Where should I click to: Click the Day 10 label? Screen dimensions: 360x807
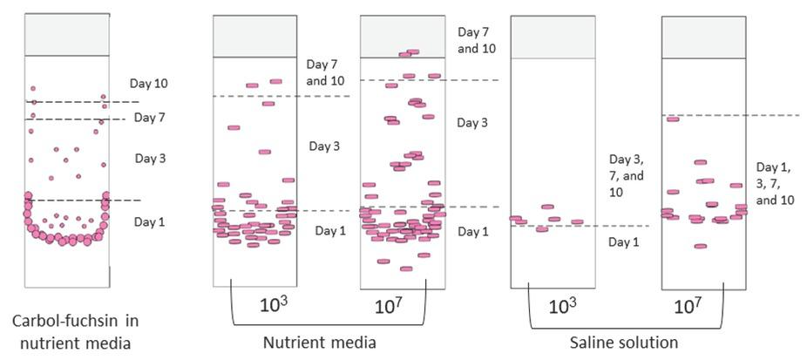pyautogui.click(x=148, y=85)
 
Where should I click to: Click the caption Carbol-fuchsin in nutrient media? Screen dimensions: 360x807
pyautogui.click(x=71, y=332)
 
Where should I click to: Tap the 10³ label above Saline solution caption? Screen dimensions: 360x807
pyautogui.click(x=563, y=306)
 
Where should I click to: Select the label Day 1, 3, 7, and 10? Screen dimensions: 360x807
pyautogui.click(x=775, y=183)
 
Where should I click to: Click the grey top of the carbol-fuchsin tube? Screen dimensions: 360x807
pyautogui.click(x=67, y=34)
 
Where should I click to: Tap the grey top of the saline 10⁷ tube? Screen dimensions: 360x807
pyautogui.click(x=703, y=37)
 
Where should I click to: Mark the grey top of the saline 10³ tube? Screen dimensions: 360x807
pyautogui.click(x=553, y=37)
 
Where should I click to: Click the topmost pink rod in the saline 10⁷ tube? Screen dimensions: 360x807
pyautogui.click(x=673, y=119)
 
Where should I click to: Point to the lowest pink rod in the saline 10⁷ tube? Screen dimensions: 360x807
pyautogui.click(x=700, y=247)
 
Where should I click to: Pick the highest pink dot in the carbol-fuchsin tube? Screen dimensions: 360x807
pyautogui.click(x=33, y=88)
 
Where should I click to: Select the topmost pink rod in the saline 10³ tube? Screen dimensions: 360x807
pyautogui.click(x=547, y=207)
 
